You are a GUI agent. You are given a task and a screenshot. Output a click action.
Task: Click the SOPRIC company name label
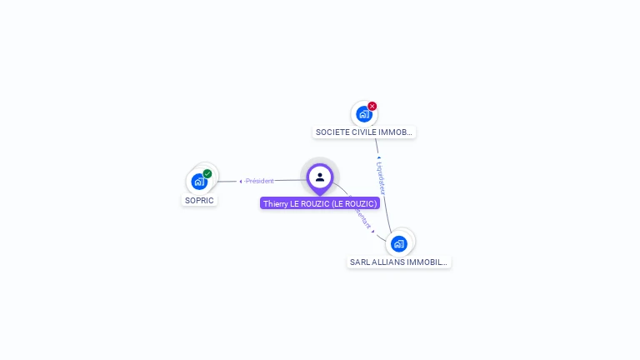point(199,201)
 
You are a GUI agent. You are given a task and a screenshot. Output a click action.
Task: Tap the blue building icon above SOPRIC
point(198,182)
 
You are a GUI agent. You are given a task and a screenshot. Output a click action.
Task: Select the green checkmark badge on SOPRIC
point(207,174)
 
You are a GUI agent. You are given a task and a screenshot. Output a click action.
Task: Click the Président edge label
point(260,181)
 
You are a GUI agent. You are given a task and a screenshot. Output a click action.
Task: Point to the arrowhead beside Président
point(241,181)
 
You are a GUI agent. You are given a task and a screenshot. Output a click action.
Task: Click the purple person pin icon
point(320,177)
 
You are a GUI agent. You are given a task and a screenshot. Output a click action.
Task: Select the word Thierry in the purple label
point(276,203)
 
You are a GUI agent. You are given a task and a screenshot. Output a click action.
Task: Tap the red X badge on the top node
point(372,106)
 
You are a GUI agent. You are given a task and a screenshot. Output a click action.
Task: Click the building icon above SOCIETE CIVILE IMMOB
point(363,115)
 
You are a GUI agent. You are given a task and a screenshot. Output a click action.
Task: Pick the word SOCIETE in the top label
point(332,132)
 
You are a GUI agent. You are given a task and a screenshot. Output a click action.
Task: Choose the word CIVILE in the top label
point(363,132)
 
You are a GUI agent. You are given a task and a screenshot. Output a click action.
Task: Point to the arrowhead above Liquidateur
point(378,157)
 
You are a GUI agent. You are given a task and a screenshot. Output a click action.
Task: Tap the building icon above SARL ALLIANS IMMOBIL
point(399,244)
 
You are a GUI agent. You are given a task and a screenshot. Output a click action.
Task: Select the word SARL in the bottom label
point(359,262)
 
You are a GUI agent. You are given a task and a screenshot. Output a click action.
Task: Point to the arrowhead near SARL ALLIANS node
point(373,231)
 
